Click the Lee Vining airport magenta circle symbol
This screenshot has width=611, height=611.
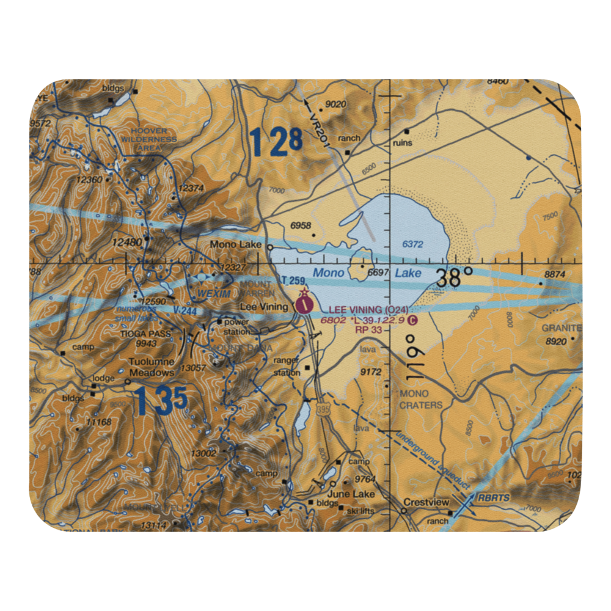pyautogui.click(x=304, y=301)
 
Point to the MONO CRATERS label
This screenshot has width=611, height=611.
pyautogui.click(x=420, y=399)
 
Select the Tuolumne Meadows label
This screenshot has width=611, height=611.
pyautogui.click(x=152, y=366)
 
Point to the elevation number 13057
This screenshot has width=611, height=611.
pyautogui.click(x=193, y=367)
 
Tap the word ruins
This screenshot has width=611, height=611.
pyautogui.click(x=403, y=143)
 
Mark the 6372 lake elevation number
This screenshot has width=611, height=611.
pyautogui.click(x=412, y=244)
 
